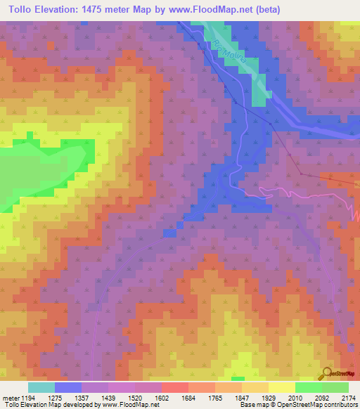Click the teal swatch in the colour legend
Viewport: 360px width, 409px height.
point(41,387)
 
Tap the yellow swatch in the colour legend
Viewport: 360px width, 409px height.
point(281,387)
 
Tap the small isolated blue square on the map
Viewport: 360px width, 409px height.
point(169,233)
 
